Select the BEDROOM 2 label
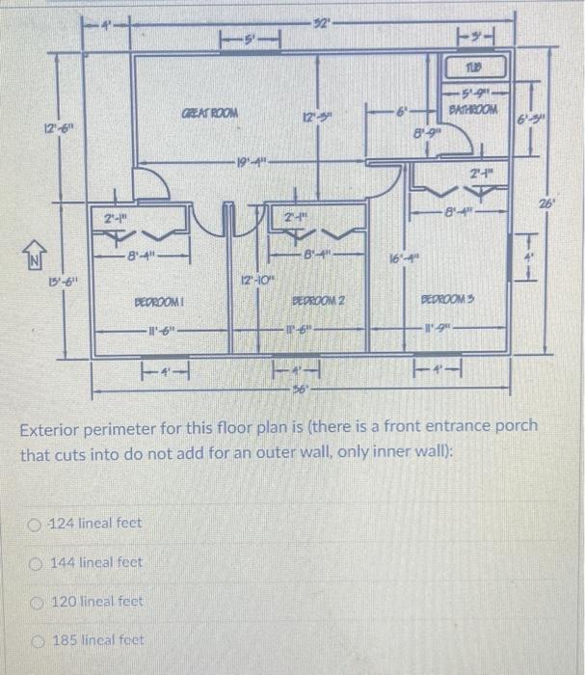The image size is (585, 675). tap(318, 301)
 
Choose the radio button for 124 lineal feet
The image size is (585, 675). tap(35, 524)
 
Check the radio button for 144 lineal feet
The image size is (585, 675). tap(35, 562)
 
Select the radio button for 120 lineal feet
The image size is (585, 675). tap(35, 601)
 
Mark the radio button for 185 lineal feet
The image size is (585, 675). tap(35, 639)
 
